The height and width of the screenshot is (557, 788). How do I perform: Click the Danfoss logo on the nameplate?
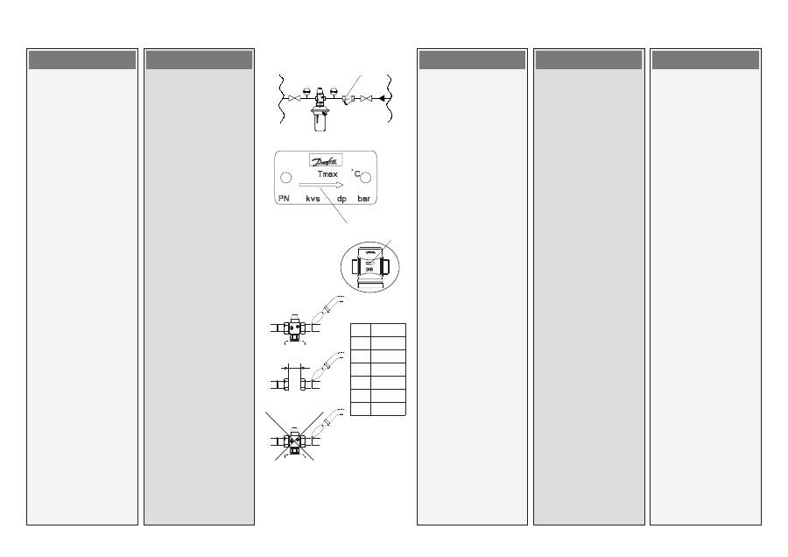[326, 160]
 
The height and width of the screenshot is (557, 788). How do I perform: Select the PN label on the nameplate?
[283, 200]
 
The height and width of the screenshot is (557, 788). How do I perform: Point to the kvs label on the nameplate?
[313, 200]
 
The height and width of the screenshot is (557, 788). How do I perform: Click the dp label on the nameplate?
[342, 200]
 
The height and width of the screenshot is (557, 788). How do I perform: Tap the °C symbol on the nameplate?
[356, 173]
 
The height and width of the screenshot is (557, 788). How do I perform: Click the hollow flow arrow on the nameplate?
[320, 186]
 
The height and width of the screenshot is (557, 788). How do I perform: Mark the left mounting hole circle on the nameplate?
[285, 178]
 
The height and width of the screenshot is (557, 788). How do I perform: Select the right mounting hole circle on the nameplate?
[366, 178]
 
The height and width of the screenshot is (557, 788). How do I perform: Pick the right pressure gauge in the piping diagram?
[334, 89]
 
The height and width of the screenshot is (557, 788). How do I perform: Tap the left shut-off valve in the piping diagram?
[295, 98]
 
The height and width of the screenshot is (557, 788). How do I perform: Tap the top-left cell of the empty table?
[360, 328]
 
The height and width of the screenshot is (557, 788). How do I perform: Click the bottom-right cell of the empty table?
[388, 409]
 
